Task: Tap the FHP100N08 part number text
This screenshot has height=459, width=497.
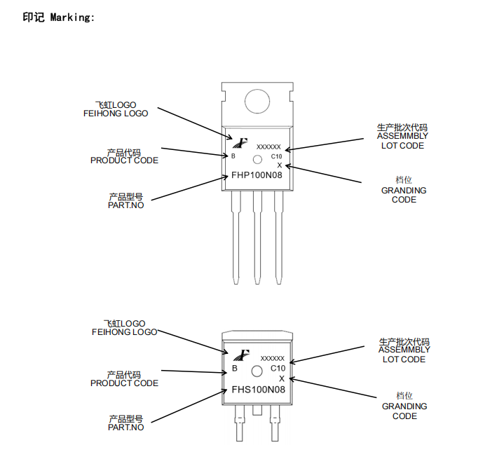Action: pos(257,176)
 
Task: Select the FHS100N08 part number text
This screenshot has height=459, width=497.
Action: pos(258,390)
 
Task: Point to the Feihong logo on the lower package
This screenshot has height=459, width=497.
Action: pos(243,355)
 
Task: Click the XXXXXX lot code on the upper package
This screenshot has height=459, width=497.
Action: pos(268,147)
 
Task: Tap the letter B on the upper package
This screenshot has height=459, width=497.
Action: pos(233,156)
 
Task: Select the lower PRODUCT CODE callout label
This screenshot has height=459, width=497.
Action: pos(124,379)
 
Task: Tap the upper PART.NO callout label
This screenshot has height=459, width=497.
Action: pos(125,201)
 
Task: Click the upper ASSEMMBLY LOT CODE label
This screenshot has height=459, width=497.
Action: pos(402,137)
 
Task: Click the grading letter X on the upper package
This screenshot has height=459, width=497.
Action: pos(279,165)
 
